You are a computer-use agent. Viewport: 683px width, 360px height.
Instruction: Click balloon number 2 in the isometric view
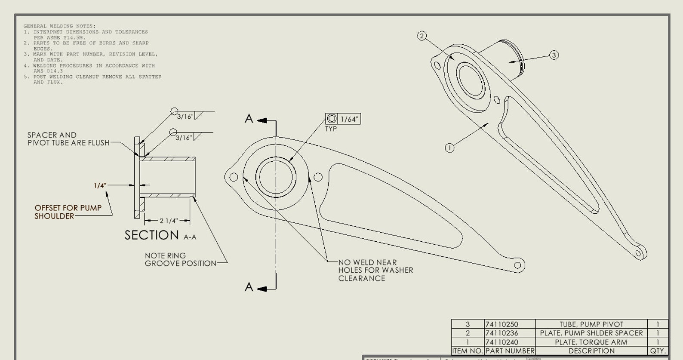pyautogui.click(x=422, y=36)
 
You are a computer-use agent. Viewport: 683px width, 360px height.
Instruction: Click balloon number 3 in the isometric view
pyautogui.click(x=554, y=55)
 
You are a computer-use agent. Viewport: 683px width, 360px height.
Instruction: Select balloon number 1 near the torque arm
pyautogui.click(x=449, y=148)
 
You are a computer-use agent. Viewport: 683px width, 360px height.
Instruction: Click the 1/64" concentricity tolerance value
pyautogui.click(x=349, y=119)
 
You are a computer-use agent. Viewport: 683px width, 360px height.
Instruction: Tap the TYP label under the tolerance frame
pyautogui.click(x=331, y=129)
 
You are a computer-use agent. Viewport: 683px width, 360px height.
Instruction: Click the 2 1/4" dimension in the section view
pyautogui.click(x=168, y=221)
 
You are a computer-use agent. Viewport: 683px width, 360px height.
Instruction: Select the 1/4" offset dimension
pyautogui.click(x=100, y=185)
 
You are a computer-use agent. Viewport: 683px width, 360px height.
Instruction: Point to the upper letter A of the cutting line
pyautogui.click(x=249, y=119)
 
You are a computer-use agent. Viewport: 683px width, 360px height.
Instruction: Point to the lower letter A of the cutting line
pyautogui.click(x=249, y=287)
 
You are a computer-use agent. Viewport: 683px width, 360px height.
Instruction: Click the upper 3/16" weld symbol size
pyautogui.click(x=185, y=117)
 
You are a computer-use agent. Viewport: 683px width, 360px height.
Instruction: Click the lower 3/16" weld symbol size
pyautogui.click(x=184, y=138)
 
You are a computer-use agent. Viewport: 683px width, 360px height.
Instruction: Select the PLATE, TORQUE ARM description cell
pyautogui.click(x=591, y=342)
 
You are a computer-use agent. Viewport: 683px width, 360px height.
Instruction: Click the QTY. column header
pyautogui.click(x=658, y=351)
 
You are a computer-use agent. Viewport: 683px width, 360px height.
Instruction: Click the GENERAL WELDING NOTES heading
pyautogui.click(x=59, y=26)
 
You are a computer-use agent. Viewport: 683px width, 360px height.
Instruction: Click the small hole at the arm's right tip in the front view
pyautogui.click(x=517, y=265)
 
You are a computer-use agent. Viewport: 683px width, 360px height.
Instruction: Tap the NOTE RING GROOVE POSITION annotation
pyautogui.click(x=180, y=259)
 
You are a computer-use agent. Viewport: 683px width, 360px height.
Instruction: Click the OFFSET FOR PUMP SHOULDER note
pyautogui.click(x=68, y=212)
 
